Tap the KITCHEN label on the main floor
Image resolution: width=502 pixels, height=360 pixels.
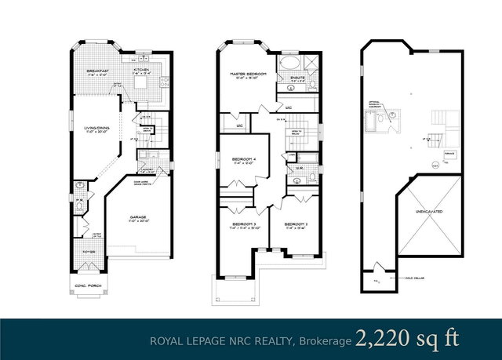(141, 70)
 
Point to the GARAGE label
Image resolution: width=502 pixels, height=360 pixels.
(138, 216)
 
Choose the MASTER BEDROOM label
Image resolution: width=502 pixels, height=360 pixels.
(249, 75)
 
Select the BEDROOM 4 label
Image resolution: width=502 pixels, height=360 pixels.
(244, 161)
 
